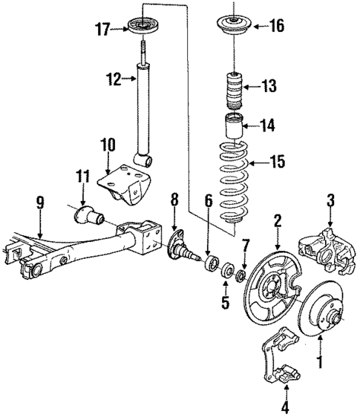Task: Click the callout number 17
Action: pyautogui.click(x=102, y=29)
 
